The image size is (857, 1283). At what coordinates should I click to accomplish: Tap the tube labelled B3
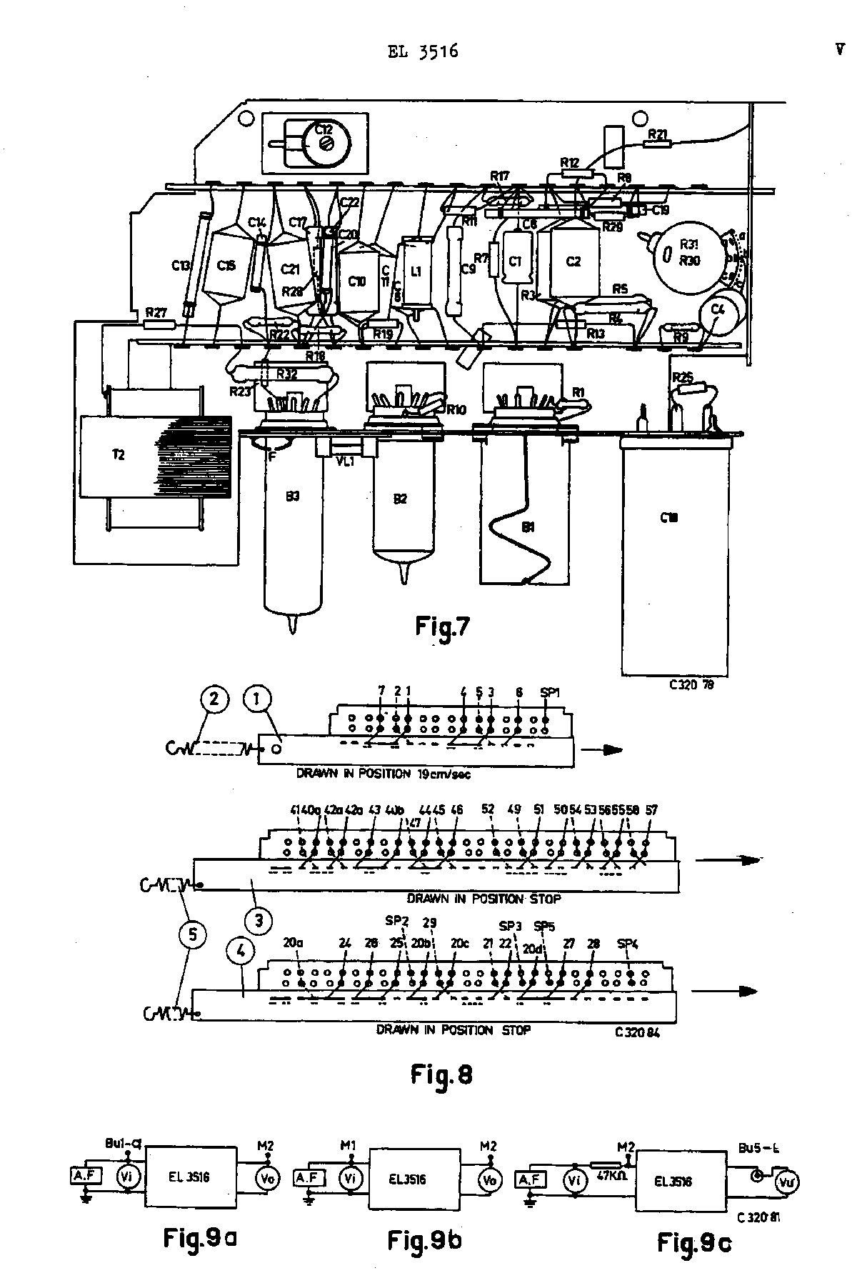tap(291, 525)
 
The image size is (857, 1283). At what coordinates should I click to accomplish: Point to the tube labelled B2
tap(401, 500)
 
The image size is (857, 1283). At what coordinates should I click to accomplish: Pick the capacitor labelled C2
tap(573, 261)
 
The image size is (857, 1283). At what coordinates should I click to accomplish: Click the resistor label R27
tap(156, 312)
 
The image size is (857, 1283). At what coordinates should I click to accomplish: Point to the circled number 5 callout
tap(198, 934)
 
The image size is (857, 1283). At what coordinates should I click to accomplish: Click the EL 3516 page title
tap(422, 51)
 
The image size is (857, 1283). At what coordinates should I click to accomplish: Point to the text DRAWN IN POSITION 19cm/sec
tap(384, 774)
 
